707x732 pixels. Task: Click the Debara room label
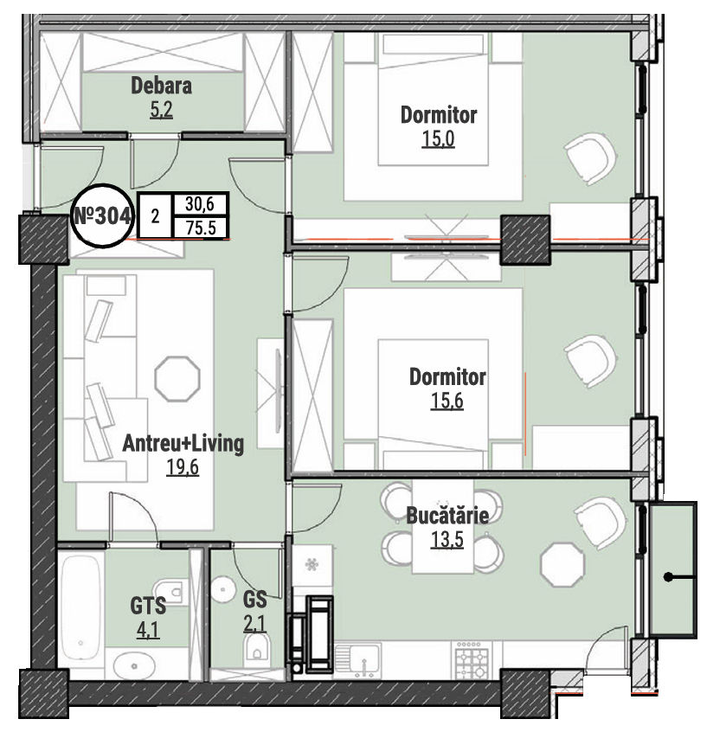(x=161, y=86)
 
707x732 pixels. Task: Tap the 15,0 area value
(x=438, y=138)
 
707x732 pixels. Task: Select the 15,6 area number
(x=447, y=401)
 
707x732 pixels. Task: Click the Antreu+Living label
(x=183, y=444)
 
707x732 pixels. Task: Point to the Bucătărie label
(x=447, y=516)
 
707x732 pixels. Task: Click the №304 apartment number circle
(x=102, y=215)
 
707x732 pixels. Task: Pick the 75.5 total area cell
(x=201, y=228)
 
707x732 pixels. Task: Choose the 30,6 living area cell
(x=200, y=204)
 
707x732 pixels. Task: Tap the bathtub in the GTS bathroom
(x=80, y=607)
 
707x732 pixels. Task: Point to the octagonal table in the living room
(x=177, y=378)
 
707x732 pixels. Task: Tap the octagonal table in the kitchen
(x=562, y=564)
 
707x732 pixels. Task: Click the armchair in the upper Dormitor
(x=591, y=158)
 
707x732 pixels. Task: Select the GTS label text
(x=148, y=606)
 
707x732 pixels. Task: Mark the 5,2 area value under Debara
(x=161, y=110)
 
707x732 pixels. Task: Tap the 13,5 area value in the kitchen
(x=447, y=540)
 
